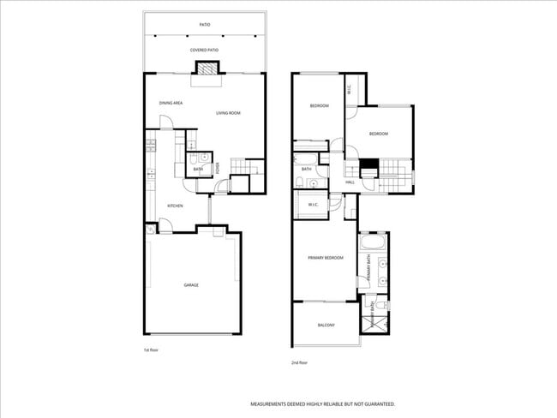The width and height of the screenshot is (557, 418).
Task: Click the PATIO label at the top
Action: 204,25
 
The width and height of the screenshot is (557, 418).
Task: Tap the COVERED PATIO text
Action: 204,51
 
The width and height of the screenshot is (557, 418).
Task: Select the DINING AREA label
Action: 171,103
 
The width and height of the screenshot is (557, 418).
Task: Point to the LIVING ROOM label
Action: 227,113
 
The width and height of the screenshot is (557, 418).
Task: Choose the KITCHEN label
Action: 175,206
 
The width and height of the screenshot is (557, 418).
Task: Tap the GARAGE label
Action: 191,284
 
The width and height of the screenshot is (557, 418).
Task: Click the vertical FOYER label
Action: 219,168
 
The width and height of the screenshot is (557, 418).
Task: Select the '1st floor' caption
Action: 151,349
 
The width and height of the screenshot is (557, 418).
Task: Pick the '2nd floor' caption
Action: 299,362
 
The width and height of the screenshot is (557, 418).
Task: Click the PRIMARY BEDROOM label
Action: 326,257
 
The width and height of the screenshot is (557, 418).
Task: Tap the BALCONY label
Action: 326,325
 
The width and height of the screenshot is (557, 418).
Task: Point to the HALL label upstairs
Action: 350,182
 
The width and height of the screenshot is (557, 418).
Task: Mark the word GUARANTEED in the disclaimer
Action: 376,403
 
